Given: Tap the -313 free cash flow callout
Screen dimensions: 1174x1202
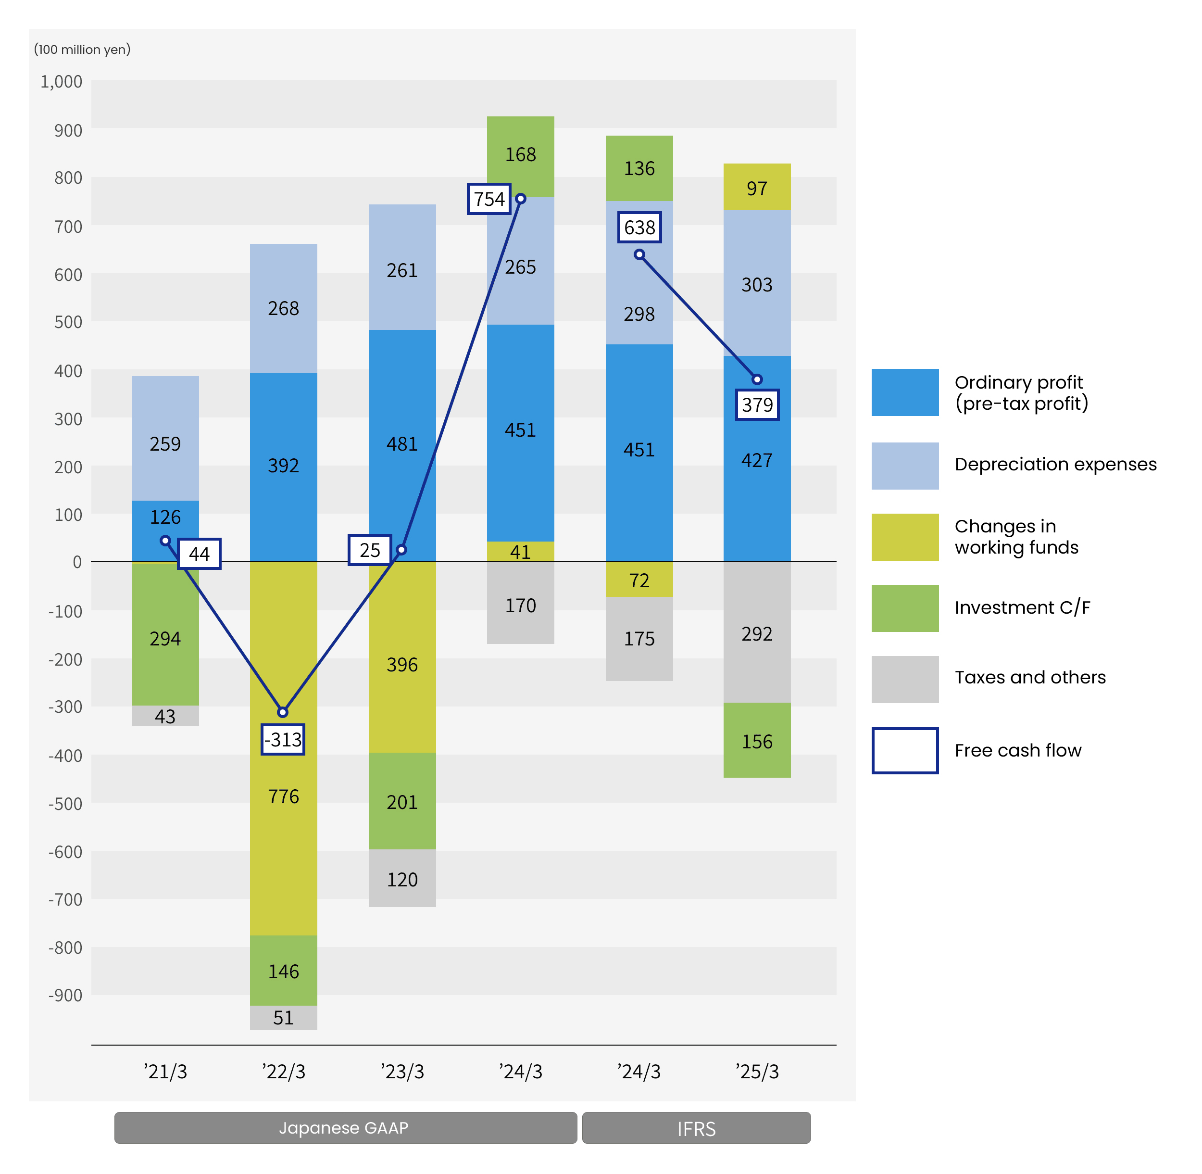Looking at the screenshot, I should [283, 739].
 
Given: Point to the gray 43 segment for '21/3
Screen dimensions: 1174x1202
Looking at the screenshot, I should [165, 716].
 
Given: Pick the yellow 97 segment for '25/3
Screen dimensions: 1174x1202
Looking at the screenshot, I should [756, 188].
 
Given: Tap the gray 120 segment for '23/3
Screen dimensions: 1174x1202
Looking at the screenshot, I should [402, 878].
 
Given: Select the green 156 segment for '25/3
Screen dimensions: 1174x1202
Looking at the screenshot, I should [756, 741].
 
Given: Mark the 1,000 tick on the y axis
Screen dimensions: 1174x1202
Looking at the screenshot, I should [61, 82].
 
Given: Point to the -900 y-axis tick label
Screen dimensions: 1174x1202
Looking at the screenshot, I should [65, 995].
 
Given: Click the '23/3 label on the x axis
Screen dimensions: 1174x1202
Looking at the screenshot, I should [402, 1072].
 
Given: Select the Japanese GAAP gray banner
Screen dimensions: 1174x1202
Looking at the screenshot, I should [345, 1128].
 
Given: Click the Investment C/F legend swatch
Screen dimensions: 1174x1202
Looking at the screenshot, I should [904, 608].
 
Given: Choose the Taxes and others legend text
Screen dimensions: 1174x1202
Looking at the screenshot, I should [1029, 678].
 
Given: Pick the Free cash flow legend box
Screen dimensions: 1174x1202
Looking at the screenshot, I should [904, 750].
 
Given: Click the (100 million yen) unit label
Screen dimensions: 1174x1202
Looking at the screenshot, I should [82, 50].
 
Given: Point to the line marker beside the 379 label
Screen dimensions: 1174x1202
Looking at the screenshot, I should [757, 379].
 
